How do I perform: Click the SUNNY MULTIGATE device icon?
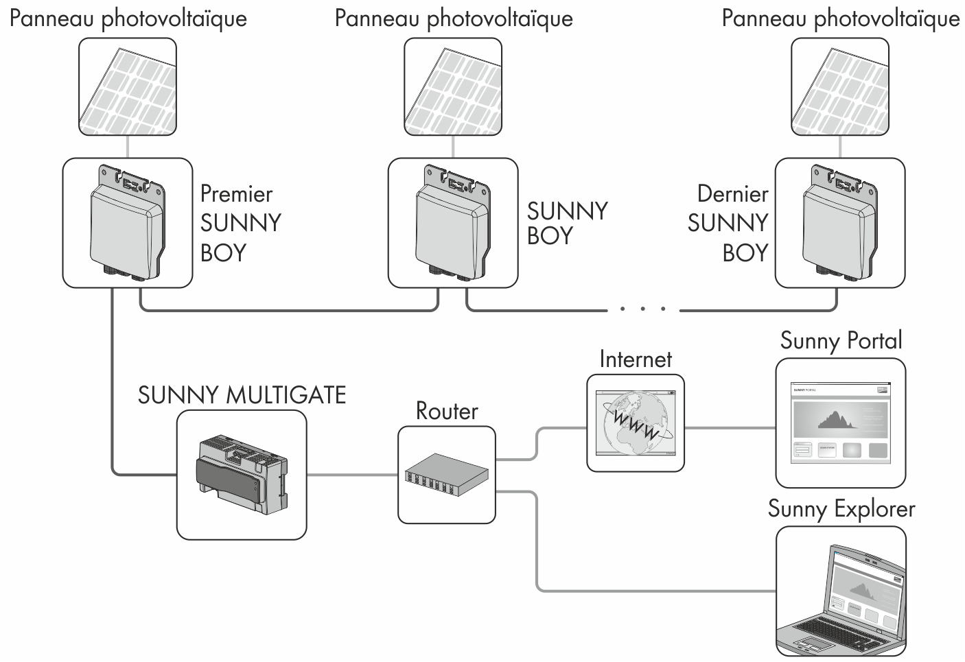[x=241, y=474]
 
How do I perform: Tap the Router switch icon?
[x=446, y=475]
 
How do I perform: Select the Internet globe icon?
[x=636, y=423]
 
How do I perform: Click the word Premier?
[x=236, y=194]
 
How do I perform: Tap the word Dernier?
[x=732, y=194]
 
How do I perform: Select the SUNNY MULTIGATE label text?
[x=242, y=396]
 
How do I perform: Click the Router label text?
[x=447, y=411]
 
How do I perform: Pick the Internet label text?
[x=636, y=359]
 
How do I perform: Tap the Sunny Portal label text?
[x=841, y=341]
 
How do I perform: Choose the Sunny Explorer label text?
[x=841, y=510]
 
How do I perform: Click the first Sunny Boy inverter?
[x=128, y=223]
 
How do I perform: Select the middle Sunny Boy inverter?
[x=453, y=223]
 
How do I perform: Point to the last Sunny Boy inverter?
[x=839, y=223]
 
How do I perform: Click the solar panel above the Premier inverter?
[x=128, y=86]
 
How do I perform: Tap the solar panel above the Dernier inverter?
[x=839, y=86]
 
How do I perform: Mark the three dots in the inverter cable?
[x=642, y=309]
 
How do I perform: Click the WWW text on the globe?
[x=636, y=424]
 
